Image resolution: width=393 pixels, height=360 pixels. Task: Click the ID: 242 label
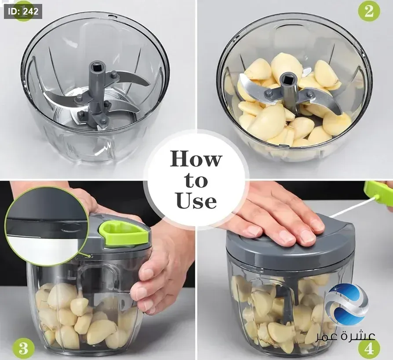click(x=23, y=11)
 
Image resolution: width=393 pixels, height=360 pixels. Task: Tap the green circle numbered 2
click(x=369, y=11)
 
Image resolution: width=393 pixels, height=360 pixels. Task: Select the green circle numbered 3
click(x=23, y=348)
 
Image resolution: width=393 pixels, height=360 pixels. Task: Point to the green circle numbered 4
click(x=369, y=349)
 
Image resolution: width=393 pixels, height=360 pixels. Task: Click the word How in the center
click(x=196, y=159)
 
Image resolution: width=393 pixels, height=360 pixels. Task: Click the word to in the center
click(x=196, y=180)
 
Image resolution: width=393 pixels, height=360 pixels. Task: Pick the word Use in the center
click(x=196, y=201)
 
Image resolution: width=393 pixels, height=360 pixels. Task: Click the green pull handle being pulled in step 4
click(x=378, y=193)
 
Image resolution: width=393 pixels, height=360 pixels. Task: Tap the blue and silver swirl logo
click(x=349, y=305)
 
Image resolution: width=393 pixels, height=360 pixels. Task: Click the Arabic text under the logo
click(x=345, y=336)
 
